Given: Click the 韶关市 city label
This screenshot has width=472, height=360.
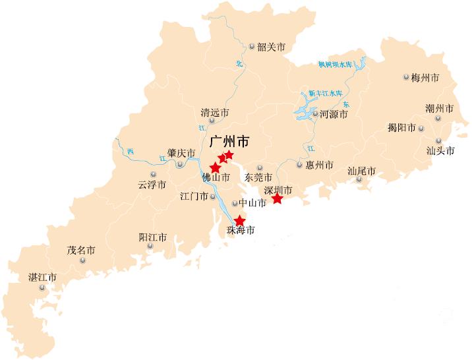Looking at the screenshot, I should click(x=271, y=47).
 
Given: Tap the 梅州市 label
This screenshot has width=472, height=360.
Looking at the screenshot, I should click(x=425, y=77).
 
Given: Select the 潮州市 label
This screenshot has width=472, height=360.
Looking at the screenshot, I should click(x=439, y=108).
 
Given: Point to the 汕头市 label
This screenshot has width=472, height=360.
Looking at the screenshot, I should click(x=440, y=150).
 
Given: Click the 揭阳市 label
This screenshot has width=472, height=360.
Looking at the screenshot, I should click(x=401, y=128).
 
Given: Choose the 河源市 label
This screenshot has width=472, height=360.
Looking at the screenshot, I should click(x=334, y=114).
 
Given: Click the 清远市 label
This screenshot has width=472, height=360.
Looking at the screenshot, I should click(x=215, y=113).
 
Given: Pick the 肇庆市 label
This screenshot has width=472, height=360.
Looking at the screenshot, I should click(x=181, y=153).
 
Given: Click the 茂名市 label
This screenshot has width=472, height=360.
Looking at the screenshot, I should click(x=81, y=251).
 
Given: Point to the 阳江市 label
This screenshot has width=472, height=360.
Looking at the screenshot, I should click(x=152, y=237).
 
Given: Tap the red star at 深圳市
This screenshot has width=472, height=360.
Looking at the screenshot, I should click(x=278, y=198).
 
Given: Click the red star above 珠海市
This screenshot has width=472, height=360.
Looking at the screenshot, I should click(x=240, y=221).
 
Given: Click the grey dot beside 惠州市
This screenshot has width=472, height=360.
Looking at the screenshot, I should click(x=299, y=165).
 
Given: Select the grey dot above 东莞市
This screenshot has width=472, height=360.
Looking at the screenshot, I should click(x=260, y=168).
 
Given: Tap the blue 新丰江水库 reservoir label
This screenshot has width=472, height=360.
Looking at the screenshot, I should click(x=325, y=93).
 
